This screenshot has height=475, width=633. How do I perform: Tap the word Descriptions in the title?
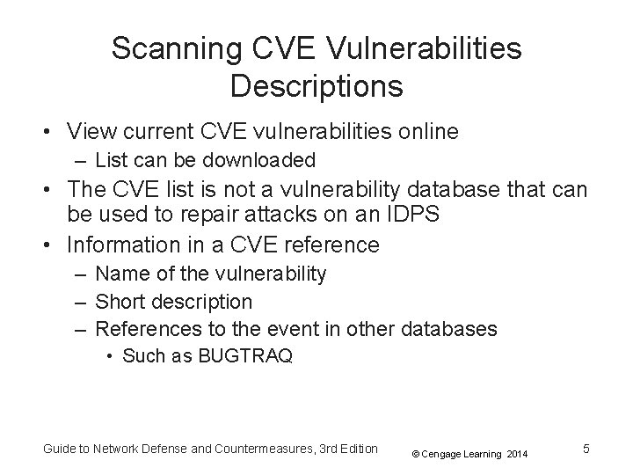[x=316, y=86]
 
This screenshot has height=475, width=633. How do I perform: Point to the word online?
[x=426, y=132]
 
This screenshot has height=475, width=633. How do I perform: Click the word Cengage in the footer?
[x=446, y=453]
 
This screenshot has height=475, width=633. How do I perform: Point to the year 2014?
[x=517, y=453]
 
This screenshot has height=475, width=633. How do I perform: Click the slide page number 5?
[x=586, y=449]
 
